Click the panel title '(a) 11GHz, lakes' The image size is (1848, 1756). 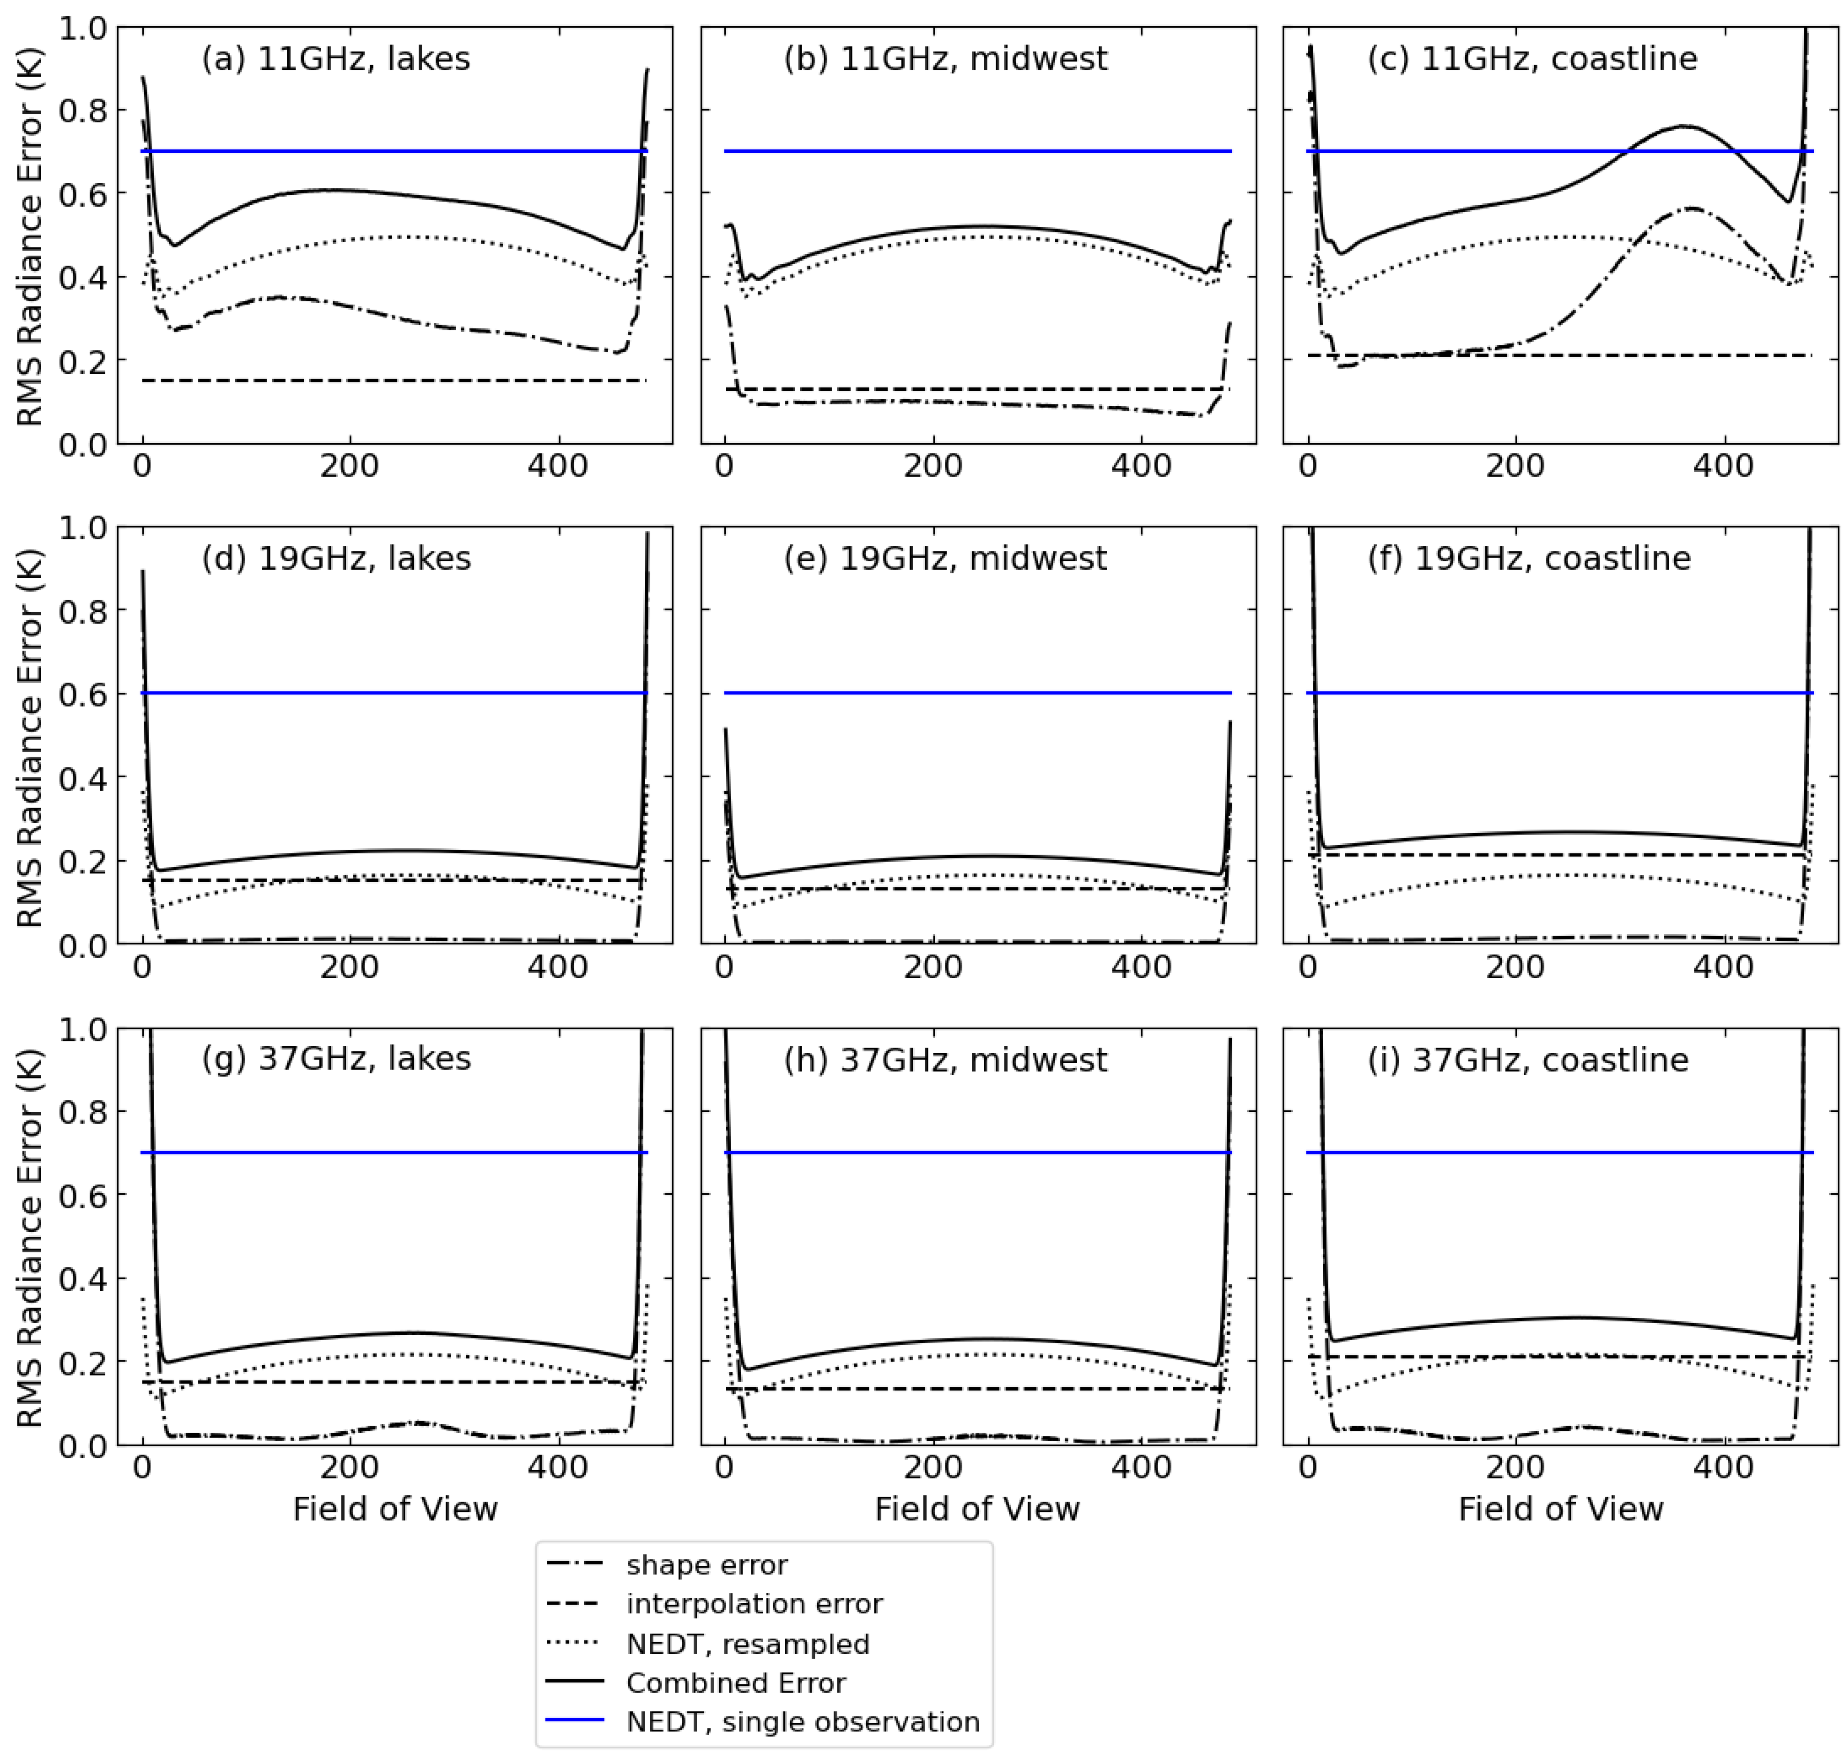[335, 59]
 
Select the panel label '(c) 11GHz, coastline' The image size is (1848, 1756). [1532, 59]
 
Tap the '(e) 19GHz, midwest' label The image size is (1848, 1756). [946, 559]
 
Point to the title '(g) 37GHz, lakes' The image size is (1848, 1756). [335, 1059]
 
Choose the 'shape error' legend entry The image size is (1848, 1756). [707, 1565]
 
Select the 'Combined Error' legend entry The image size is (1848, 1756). [736, 1683]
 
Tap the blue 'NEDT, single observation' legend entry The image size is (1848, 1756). [802, 1722]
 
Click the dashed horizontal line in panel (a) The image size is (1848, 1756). [393, 381]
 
